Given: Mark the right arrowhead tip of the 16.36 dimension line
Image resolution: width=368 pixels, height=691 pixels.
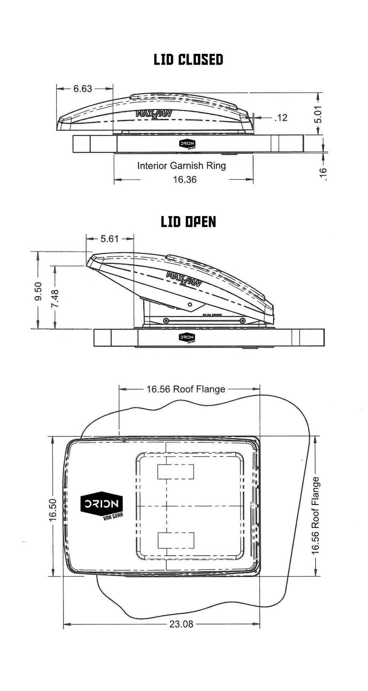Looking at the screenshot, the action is pyautogui.click(x=253, y=179).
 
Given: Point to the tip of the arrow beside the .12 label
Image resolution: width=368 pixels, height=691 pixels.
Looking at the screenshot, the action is pyautogui.click(x=253, y=117).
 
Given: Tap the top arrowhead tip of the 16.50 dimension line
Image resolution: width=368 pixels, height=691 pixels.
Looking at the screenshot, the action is pyautogui.click(x=53, y=436).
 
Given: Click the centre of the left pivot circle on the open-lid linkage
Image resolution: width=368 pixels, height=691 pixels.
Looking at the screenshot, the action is pyautogui.click(x=166, y=321).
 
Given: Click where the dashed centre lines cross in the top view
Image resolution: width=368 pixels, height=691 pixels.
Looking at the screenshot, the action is pyautogui.click(x=166, y=506).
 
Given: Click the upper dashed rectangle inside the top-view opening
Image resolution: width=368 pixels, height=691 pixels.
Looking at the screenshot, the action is pyautogui.click(x=176, y=472).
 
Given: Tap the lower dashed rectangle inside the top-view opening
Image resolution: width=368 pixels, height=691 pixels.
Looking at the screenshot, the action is pyautogui.click(x=176, y=540).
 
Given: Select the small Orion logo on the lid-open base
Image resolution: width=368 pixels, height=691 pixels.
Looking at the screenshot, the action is pyautogui.click(x=187, y=338).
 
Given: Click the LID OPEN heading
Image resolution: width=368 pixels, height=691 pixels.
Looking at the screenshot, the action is pyautogui.click(x=188, y=222).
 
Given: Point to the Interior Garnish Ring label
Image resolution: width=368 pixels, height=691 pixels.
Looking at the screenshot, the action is pyautogui.click(x=181, y=165).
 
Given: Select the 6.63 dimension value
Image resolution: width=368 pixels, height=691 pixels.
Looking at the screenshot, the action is pyautogui.click(x=83, y=89).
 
